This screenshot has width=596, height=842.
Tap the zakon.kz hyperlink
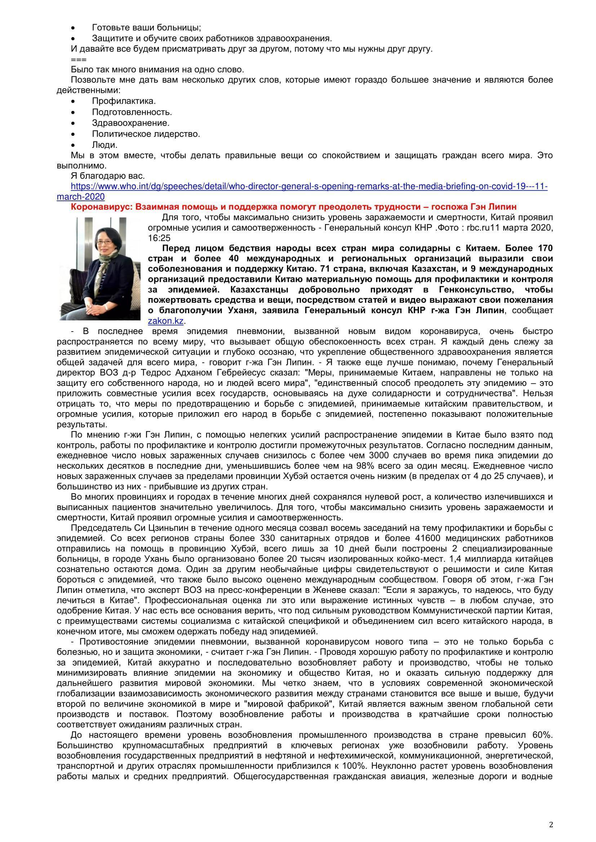[165, 321]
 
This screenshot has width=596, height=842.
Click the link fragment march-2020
[81, 197]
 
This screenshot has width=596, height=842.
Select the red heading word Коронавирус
[102, 207]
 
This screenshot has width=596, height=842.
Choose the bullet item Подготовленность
[132, 112]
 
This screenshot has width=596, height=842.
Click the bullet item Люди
[104, 145]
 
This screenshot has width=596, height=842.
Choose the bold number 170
[544, 248]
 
